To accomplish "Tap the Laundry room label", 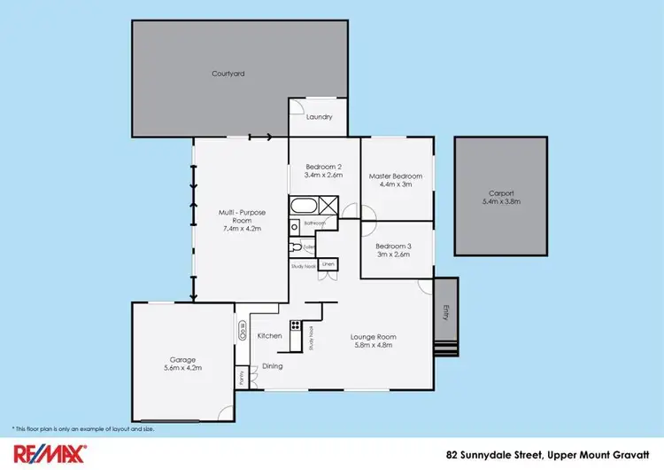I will tap(319, 117).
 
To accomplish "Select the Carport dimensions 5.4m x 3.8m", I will tap(500, 202).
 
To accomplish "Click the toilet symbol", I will tap(295, 247).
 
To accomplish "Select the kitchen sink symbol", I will tap(242, 330).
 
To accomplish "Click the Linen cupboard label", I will tap(328, 264).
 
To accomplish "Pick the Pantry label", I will tap(241, 376).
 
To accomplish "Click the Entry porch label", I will tap(445, 311).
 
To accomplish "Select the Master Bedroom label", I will tap(396, 176).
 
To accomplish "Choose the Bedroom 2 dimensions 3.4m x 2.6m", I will tap(323, 176).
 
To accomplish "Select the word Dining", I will tap(273, 365).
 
